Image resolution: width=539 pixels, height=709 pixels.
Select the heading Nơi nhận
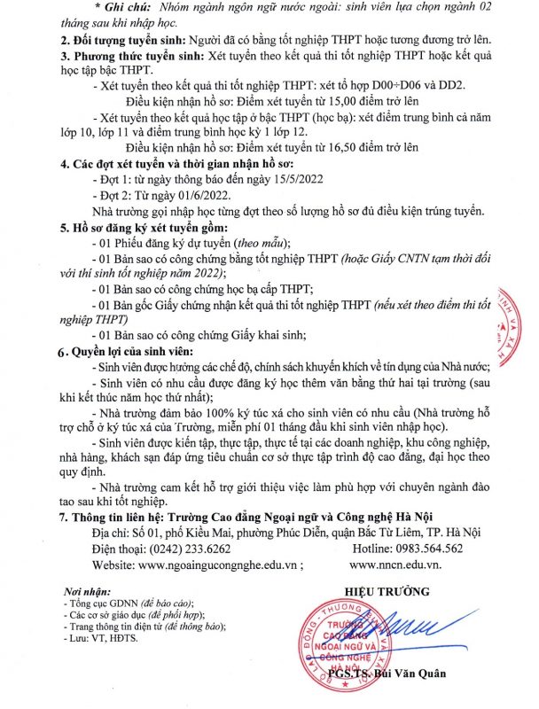[x=86, y=591]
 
